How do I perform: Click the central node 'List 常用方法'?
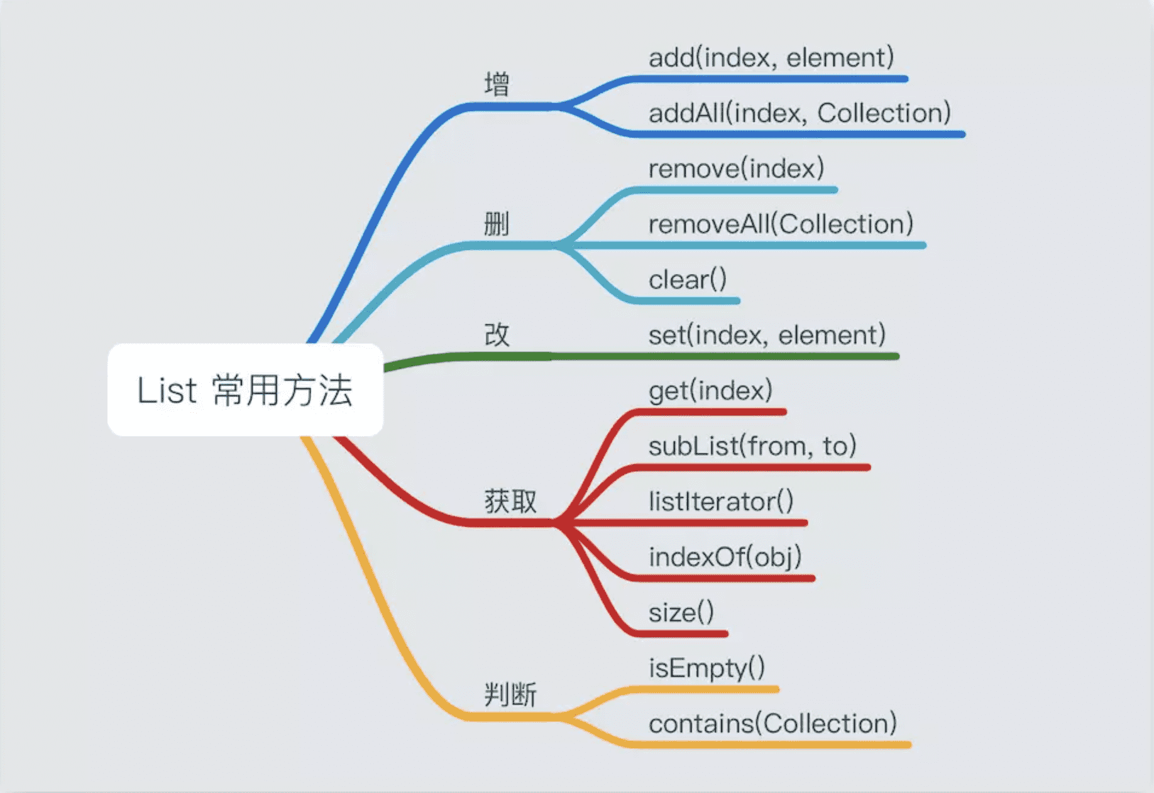pyautogui.click(x=245, y=390)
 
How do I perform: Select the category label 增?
pyautogui.click(x=497, y=84)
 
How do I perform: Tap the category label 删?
pyautogui.click(x=497, y=224)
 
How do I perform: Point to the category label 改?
pyautogui.click(x=497, y=334)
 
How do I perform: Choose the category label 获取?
pyautogui.click(x=510, y=501)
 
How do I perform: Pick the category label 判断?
pyautogui.click(x=510, y=695)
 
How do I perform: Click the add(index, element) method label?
pyautogui.click(x=771, y=58)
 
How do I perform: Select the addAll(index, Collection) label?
pyautogui.click(x=800, y=113)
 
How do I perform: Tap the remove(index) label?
pyautogui.click(x=736, y=168)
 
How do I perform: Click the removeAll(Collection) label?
pyautogui.click(x=781, y=224)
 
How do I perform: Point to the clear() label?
pyautogui.click(x=688, y=279)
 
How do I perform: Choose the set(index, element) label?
pyautogui.click(x=767, y=335)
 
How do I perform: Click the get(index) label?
pyautogui.click(x=710, y=390)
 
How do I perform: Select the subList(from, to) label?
pyautogui.click(x=752, y=446)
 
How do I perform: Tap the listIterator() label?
pyautogui.click(x=721, y=501)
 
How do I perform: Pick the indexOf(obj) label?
pyautogui.click(x=725, y=557)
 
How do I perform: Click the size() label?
pyautogui.click(x=681, y=612)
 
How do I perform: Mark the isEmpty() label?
pyautogui.click(x=706, y=668)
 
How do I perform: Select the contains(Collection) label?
pyautogui.click(x=772, y=723)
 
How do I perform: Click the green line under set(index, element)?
pyautogui.click(x=723, y=356)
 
